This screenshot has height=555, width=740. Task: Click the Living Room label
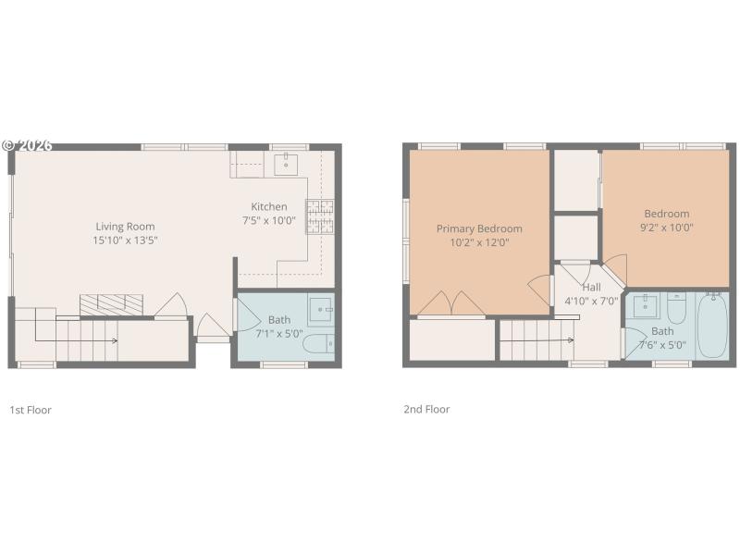click(x=125, y=226)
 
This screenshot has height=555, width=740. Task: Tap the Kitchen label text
click(x=269, y=206)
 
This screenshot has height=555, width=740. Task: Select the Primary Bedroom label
click(x=479, y=228)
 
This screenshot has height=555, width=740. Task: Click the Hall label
click(x=591, y=287)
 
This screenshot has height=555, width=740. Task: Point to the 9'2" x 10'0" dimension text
click(x=666, y=227)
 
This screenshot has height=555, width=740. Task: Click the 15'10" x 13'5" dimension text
click(x=125, y=240)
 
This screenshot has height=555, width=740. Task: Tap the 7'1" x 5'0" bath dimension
click(x=278, y=333)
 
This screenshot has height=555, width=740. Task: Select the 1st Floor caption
click(x=31, y=409)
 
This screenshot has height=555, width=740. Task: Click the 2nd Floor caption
click(x=426, y=409)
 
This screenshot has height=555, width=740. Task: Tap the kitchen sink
click(x=286, y=166)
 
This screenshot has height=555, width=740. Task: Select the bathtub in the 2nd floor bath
click(x=712, y=326)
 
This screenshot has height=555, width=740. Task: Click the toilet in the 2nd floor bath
click(x=676, y=309)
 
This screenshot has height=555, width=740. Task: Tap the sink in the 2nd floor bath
click(x=646, y=305)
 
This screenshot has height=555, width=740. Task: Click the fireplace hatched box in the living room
click(x=111, y=304)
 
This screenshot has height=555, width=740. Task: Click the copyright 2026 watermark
click(x=27, y=145)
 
